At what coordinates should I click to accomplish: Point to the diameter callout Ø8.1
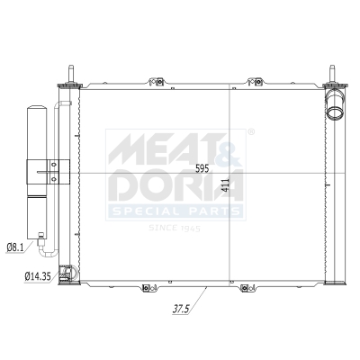[15, 246]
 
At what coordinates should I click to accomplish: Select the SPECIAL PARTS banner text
[175, 211]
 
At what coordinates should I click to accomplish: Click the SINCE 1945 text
[175, 229]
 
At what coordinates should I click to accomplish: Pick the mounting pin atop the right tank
[331, 75]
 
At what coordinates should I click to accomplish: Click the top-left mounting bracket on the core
[159, 85]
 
